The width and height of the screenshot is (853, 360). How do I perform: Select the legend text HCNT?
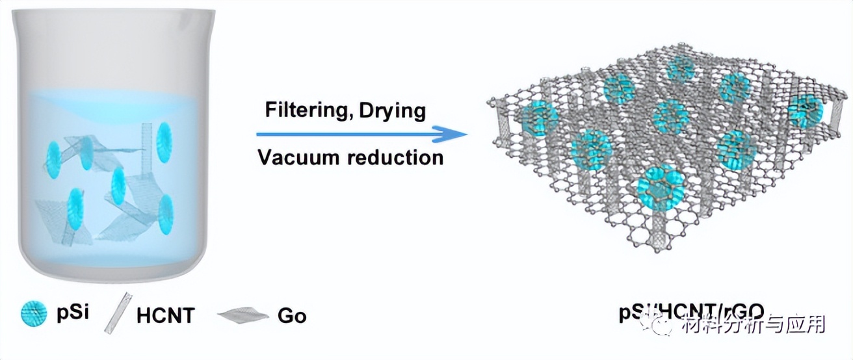[165, 316]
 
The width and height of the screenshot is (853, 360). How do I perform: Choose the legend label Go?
[291, 316]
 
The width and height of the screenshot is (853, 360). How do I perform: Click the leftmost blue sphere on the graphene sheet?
[539, 118]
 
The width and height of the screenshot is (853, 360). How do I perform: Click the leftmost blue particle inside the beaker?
[53, 155]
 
